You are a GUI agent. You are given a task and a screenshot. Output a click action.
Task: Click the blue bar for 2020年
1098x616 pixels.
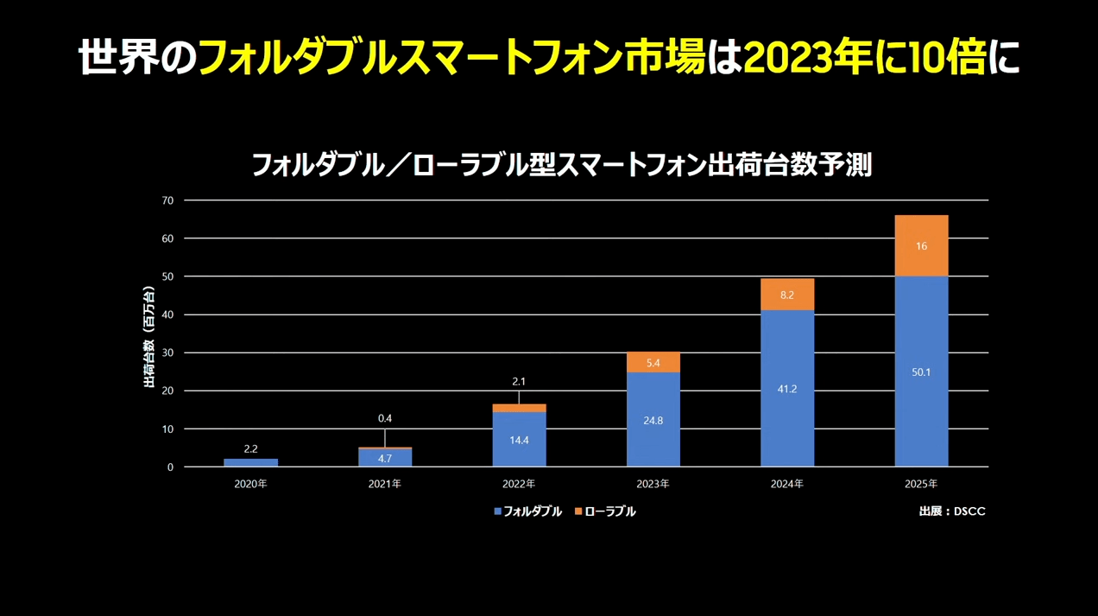(250, 462)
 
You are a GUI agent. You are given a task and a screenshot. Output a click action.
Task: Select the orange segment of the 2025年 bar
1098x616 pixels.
(921, 246)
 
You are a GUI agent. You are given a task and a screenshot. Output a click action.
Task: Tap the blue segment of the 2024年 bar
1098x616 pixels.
(787, 389)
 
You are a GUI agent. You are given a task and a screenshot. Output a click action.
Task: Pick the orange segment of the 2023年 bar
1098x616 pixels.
(653, 363)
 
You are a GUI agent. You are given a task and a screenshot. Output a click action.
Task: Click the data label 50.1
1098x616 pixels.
(921, 372)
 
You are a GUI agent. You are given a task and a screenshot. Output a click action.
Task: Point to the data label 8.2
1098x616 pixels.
(787, 295)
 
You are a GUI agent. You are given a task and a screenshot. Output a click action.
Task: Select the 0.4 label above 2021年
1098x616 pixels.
(385, 419)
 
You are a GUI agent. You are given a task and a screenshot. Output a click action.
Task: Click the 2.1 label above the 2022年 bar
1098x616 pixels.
(519, 382)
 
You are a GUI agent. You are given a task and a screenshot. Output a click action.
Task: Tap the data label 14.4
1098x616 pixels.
(519, 440)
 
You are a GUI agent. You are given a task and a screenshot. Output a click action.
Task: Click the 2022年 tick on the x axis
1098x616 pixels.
(519, 484)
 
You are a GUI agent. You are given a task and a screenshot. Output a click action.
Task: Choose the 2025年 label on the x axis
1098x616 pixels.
(921, 484)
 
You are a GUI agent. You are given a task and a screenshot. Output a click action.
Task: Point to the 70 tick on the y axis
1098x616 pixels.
(167, 200)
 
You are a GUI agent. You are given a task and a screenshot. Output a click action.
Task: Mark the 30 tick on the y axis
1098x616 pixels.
(167, 352)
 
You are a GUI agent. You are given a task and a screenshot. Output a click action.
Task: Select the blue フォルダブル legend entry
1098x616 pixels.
(527, 511)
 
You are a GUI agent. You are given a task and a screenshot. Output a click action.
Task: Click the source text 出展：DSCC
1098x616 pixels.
(952, 511)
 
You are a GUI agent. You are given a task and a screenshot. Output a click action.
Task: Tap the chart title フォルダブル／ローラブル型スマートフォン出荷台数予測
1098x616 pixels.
(561, 164)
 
